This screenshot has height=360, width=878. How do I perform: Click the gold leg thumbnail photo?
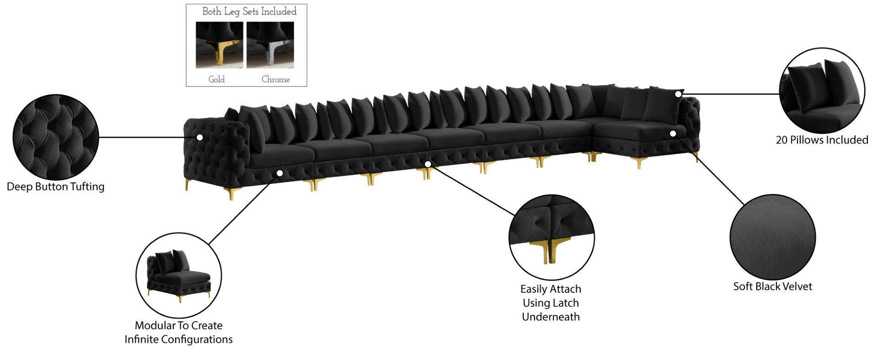click(x=219, y=45)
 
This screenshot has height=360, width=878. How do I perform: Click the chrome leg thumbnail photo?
click(x=270, y=45)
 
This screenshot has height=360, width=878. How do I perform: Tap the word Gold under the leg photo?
click(x=216, y=79)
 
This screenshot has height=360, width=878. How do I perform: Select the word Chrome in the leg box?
click(x=275, y=79)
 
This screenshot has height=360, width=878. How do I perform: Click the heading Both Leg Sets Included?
click(x=249, y=11)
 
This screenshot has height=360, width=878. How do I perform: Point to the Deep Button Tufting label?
click(x=55, y=187)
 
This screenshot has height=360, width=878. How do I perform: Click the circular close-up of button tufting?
click(x=55, y=137)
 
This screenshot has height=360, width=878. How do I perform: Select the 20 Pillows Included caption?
click(x=822, y=140)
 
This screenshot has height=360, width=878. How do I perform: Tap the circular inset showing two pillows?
click(x=822, y=91)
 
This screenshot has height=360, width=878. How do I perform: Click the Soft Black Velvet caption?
click(x=772, y=287)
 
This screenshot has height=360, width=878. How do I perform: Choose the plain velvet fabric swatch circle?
click(x=772, y=237)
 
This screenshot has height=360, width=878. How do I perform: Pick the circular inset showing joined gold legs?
click(x=551, y=237)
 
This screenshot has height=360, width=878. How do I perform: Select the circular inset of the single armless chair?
click(x=178, y=275)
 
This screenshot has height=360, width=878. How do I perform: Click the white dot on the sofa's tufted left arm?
click(x=199, y=137)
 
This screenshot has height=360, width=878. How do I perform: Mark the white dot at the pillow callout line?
click(x=678, y=94)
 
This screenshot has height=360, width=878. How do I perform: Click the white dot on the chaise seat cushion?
click(x=673, y=134)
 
